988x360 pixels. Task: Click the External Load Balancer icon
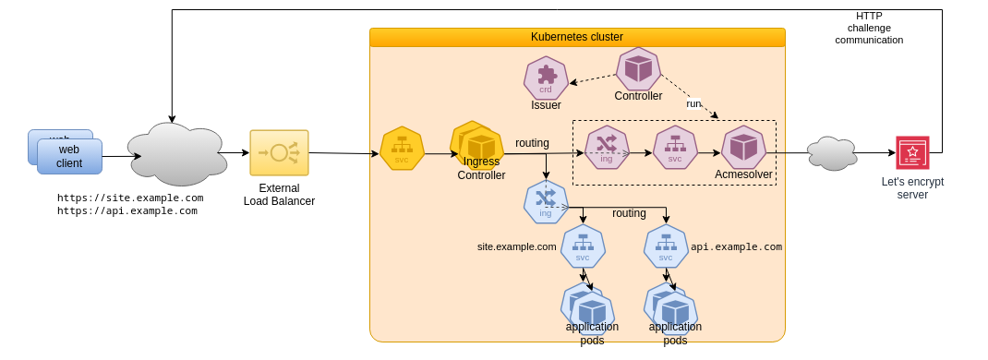point(279,153)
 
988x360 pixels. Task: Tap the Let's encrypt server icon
point(912,153)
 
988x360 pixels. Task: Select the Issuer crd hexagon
point(546,78)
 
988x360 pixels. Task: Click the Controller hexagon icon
point(638,69)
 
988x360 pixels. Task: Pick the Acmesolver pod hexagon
point(743,148)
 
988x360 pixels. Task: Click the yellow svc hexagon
point(402,149)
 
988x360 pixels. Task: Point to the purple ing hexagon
point(607,148)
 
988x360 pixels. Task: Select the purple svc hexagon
point(675,148)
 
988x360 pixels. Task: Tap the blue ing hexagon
point(546,202)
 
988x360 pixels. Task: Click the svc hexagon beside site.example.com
point(583,246)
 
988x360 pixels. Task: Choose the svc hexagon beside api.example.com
point(666,246)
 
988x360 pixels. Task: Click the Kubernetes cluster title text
point(577,37)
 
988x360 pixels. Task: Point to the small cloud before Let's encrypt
point(832,153)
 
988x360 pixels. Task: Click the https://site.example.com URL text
point(130,198)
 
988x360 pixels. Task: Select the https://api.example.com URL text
point(127,210)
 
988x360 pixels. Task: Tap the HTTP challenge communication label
point(869,28)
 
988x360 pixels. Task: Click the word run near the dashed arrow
point(693,103)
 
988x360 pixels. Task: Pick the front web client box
point(69,157)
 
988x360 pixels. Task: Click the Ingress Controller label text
point(481,168)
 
